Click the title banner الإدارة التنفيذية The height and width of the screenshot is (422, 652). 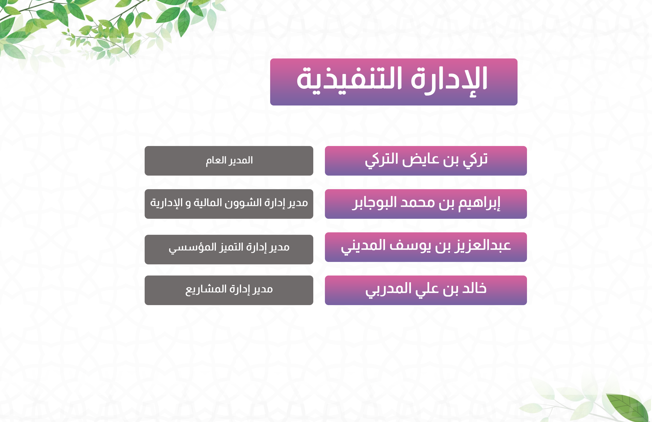[x=394, y=82]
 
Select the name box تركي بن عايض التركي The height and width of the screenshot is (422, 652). [x=426, y=161]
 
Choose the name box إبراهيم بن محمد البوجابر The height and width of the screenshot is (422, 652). [x=426, y=204]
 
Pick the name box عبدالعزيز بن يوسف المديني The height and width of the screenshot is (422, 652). [x=426, y=247]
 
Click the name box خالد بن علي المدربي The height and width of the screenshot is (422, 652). [x=426, y=290]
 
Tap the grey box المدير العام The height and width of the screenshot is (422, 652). [x=229, y=161]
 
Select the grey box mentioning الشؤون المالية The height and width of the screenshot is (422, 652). [x=229, y=204]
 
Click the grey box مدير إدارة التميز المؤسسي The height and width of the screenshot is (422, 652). [x=229, y=250]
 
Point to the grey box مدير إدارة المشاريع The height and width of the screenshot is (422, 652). [x=229, y=290]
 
